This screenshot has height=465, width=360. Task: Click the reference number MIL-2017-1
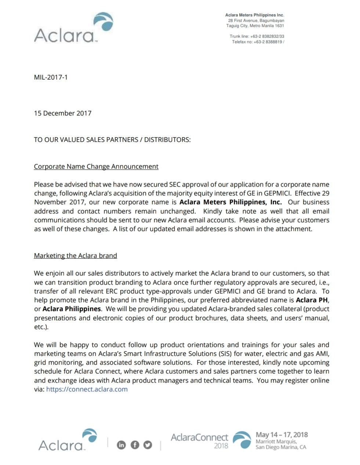coord(51,77)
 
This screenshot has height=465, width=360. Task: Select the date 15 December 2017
coord(62,113)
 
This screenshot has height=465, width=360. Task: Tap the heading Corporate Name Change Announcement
coord(96,167)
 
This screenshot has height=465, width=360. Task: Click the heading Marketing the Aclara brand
coord(75,256)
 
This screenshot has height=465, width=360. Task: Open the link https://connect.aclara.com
coord(87,389)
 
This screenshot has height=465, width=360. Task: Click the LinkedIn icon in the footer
coord(121,445)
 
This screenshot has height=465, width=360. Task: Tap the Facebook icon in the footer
coord(135,445)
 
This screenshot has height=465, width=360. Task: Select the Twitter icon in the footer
coord(148,445)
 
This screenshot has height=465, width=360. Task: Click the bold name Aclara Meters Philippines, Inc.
coord(230,202)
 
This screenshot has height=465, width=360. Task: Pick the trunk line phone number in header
coord(257,36)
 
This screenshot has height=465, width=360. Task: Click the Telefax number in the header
coord(258,42)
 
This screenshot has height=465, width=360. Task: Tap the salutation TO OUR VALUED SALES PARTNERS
coord(112,140)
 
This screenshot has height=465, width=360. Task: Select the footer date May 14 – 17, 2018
coord(281,435)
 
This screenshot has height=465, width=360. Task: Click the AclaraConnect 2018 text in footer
coord(199,440)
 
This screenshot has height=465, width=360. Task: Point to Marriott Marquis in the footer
coord(276,442)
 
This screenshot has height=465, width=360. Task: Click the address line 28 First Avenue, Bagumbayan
coord(256,21)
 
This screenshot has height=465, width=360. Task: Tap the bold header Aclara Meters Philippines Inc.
coord(254,15)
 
